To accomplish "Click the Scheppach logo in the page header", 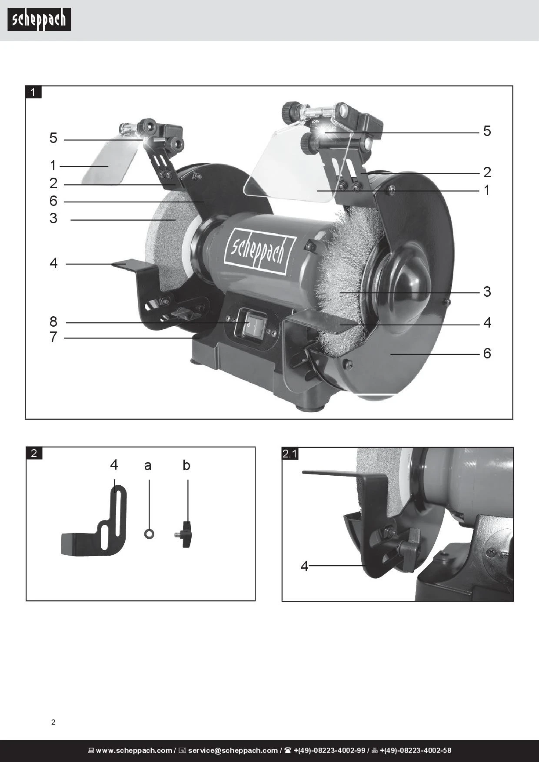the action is [39, 20].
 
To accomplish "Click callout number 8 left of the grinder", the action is [53, 321].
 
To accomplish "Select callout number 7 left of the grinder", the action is [53, 337].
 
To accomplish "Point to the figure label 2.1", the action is [290, 454].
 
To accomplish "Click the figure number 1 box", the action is [33, 92].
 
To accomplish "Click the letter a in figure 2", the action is [148, 466].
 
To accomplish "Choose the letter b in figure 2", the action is [186, 465].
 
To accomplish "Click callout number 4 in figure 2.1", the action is [304, 566].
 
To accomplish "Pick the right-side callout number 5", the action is [487, 131].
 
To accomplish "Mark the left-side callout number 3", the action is [53, 218].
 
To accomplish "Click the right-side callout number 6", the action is [487, 353].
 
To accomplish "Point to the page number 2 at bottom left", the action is [53, 722].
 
